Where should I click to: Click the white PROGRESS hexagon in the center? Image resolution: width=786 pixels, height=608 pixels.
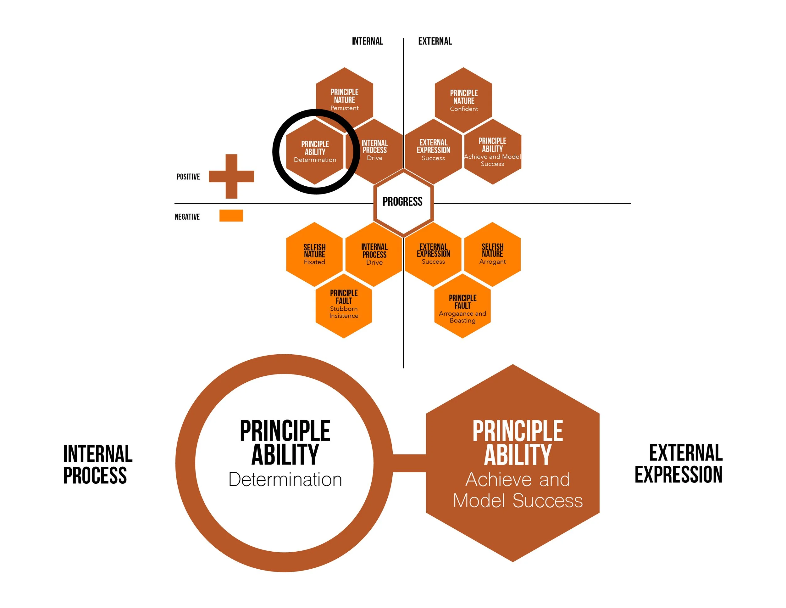[403, 202]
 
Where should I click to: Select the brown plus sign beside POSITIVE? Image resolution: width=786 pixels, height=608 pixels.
[231, 177]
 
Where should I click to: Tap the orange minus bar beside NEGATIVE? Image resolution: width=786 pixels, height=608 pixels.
[231, 215]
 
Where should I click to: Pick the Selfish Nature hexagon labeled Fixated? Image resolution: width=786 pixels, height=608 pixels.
[314, 254]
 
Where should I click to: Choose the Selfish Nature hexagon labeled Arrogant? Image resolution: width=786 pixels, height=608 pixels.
[492, 254]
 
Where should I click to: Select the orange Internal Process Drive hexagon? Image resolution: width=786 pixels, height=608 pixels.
[374, 254]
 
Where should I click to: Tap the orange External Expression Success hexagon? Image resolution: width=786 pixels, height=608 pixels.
[433, 254]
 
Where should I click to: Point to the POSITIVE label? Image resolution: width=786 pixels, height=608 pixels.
[188, 177]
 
